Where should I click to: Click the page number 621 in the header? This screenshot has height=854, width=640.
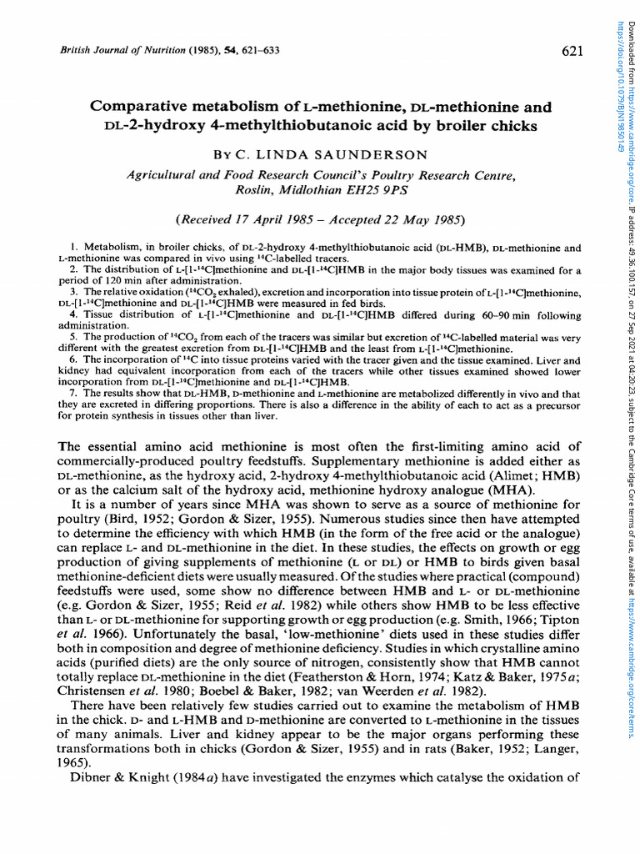572,52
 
